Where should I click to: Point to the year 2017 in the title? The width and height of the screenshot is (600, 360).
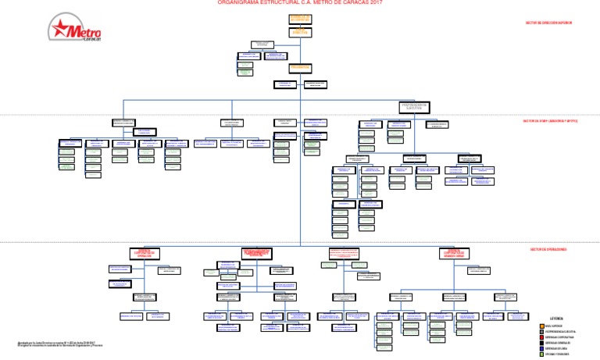tap(377, 3)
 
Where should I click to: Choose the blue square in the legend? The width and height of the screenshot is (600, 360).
tap(541, 346)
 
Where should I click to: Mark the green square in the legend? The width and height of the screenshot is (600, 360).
tap(541, 353)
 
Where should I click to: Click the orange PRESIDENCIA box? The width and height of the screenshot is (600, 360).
tap(300, 67)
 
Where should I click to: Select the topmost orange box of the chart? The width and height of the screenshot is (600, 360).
tap(300, 17)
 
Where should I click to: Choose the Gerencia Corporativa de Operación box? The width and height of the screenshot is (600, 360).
tap(145, 253)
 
